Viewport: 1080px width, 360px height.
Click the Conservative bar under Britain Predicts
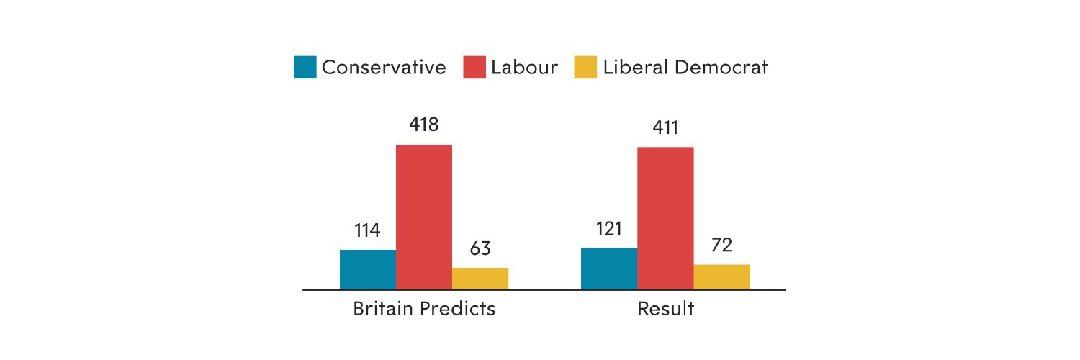[x=368, y=269]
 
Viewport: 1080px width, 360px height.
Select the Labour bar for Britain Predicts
[x=424, y=217]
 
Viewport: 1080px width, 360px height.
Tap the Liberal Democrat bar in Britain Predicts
[x=480, y=279]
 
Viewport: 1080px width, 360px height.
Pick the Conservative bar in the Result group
[x=609, y=269]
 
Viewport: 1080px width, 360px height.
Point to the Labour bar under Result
[x=665, y=218]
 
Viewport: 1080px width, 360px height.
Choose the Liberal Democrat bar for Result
[x=721, y=276]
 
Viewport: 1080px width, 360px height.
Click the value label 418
[x=424, y=125]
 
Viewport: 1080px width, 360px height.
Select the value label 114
[x=367, y=231]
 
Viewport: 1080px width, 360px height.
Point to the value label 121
[x=609, y=229]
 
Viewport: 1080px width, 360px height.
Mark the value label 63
[x=480, y=249]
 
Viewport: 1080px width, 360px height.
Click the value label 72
[x=721, y=246]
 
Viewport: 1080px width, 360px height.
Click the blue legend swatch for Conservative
[x=305, y=68]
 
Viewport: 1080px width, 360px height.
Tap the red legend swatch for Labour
[x=474, y=68]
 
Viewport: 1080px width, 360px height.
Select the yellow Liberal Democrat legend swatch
[x=585, y=68]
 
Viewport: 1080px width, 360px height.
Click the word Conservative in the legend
[x=384, y=68]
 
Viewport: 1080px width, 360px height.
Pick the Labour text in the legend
[x=525, y=68]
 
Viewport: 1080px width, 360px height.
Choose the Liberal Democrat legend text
[x=686, y=68]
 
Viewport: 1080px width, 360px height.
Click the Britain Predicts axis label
[x=424, y=310]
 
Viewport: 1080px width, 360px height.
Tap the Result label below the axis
[x=665, y=310]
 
